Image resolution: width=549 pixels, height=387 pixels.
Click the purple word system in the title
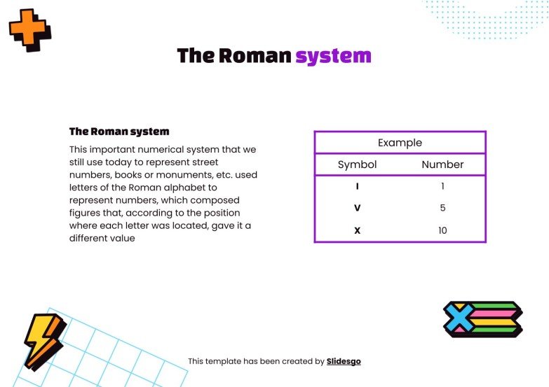[x=333, y=56]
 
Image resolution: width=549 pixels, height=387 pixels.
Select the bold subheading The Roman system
[x=119, y=132]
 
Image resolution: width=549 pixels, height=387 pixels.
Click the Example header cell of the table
[x=400, y=143]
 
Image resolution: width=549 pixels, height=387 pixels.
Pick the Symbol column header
[x=357, y=164]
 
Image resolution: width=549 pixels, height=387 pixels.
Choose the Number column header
[x=442, y=164]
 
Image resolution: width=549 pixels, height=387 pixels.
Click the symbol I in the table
[x=358, y=187]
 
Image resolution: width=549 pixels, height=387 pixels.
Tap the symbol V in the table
[x=358, y=209]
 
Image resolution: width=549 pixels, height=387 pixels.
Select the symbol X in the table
[x=358, y=230]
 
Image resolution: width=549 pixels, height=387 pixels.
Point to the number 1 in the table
[x=442, y=187]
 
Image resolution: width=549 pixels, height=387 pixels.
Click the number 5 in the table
[x=442, y=209]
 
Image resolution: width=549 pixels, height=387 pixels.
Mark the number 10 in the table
[x=442, y=230]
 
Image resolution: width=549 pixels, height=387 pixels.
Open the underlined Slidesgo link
[x=344, y=362]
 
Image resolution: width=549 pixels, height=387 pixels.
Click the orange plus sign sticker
[x=29, y=29]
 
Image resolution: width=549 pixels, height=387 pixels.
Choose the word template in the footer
[x=224, y=362]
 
